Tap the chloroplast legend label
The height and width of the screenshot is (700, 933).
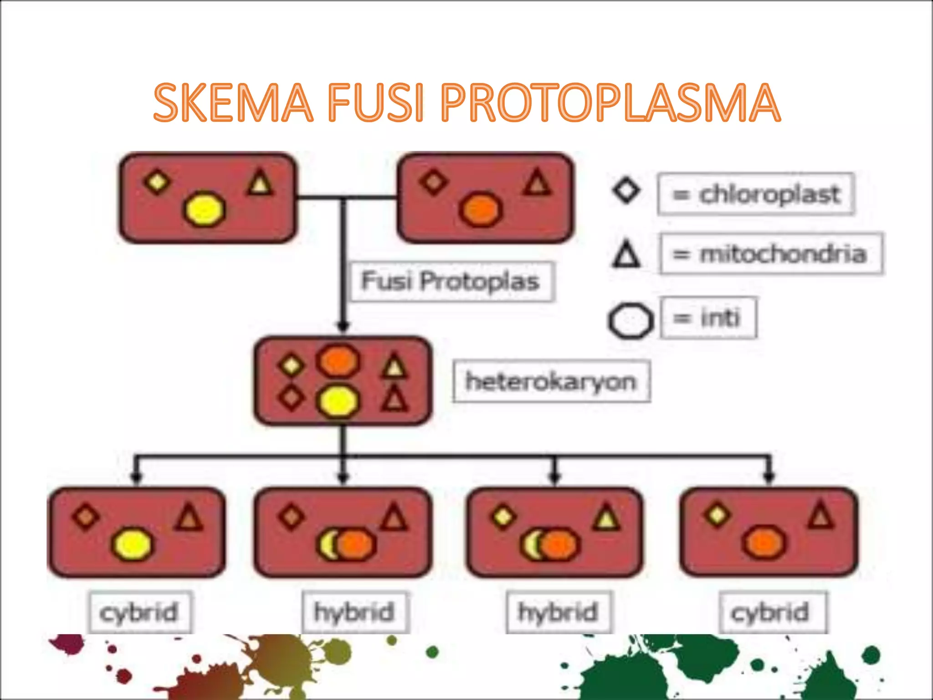tap(756, 194)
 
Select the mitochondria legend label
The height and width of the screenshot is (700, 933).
tap(771, 254)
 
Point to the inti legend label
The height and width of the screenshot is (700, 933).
tap(709, 318)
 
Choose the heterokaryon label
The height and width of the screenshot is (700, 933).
tap(551, 381)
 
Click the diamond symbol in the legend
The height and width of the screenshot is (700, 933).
tap(626, 190)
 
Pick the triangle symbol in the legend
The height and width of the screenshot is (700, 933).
tap(626, 253)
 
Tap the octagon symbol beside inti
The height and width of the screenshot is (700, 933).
tap(630, 321)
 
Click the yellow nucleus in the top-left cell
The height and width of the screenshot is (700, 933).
tap(205, 209)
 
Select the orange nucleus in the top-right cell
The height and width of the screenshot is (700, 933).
tap(481, 210)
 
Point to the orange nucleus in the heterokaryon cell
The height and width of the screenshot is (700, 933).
tap(338, 360)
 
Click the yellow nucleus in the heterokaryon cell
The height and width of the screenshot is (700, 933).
tap(338, 401)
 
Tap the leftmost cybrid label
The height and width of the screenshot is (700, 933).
tap(139, 612)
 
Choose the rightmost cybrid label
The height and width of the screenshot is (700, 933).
tap(771, 612)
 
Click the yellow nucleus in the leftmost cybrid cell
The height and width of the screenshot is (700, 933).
tap(132, 544)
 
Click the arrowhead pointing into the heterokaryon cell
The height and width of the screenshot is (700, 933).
tap(343, 325)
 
